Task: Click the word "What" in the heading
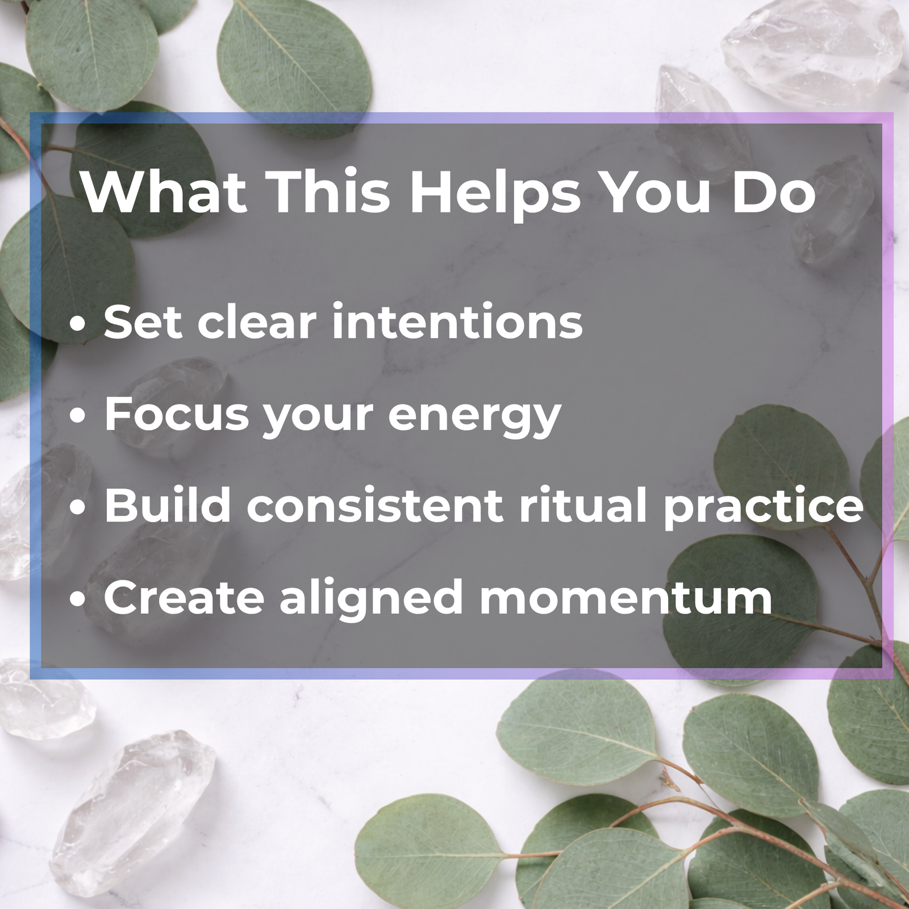pos(164,191)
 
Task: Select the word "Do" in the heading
pos(774,192)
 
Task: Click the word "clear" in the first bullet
pos(257,322)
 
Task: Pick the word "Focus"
pos(177,414)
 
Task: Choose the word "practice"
pos(764,507)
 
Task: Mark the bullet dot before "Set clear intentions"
pos(78,324)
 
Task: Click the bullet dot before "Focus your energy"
pos(78,416)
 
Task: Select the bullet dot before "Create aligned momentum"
pos(78,599)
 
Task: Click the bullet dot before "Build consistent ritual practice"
pos(78,507)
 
